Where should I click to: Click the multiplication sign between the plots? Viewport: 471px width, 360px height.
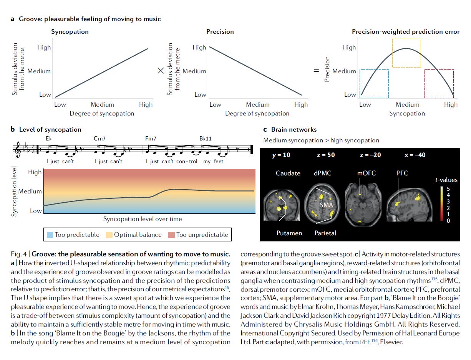161,71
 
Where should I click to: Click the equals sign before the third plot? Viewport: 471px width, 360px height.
317,71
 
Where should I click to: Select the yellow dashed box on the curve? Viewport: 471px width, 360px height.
406,53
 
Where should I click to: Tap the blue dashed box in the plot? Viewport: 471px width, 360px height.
374,84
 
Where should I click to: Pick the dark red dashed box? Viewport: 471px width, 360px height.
439,84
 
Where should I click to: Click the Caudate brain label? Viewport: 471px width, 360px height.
288,173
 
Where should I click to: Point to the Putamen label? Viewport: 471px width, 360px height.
289,233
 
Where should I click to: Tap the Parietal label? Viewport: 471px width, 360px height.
325,233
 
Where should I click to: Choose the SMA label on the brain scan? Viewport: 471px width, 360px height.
327,205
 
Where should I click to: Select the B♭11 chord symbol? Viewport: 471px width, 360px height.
206,139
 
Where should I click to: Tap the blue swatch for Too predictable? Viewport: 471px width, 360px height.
50,234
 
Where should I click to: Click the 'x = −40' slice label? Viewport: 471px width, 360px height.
415,155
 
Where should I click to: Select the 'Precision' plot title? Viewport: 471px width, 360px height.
220,32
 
